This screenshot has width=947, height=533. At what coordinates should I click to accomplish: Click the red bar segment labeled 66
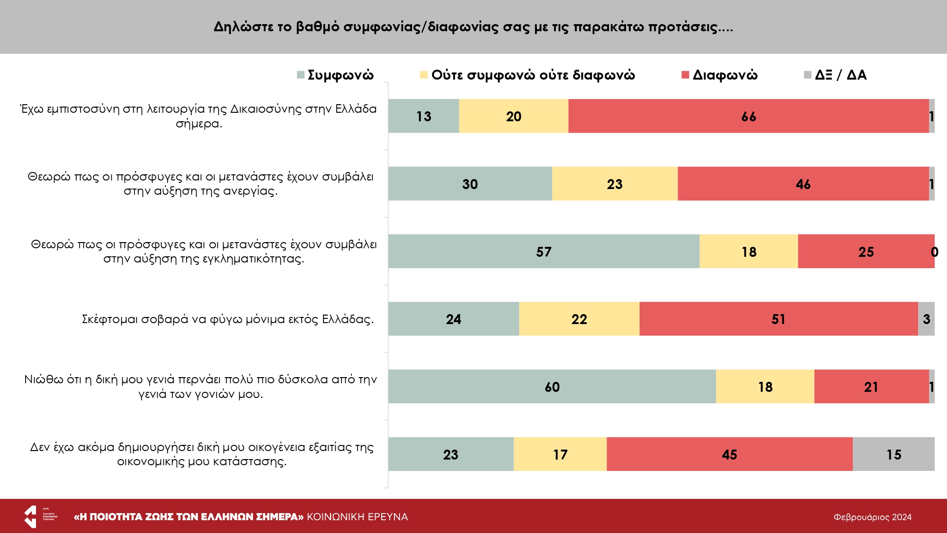tap(748, 116)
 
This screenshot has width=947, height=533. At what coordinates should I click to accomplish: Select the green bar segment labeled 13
tap(423, 116)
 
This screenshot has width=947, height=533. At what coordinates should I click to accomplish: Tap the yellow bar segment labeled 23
tap(615, 184)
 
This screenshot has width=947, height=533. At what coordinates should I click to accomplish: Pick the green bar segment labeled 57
tap(544, 252)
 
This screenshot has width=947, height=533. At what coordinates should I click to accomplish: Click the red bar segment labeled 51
tap(778, 319)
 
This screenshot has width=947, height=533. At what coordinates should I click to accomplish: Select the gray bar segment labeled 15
tap(893, 454)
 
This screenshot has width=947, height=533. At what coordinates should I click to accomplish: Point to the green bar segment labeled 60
tap(552, 387)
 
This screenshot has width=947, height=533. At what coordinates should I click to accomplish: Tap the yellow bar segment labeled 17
tap(560, 454)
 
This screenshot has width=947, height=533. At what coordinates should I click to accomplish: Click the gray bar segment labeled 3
tap(926, 319)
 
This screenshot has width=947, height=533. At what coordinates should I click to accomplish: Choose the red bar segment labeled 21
tap(871, 387)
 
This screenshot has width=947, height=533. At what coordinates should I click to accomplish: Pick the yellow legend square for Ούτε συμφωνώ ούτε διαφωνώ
tap(424, 75)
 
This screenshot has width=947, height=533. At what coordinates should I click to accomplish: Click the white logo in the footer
tap(31, 516)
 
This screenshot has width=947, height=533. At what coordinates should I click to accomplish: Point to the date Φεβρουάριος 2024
tap(872, 517)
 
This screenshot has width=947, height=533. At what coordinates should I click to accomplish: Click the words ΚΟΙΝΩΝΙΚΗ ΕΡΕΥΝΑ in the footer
tap(357, 517)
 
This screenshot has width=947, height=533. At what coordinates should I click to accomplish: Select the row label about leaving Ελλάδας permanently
tap(228, 319)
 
